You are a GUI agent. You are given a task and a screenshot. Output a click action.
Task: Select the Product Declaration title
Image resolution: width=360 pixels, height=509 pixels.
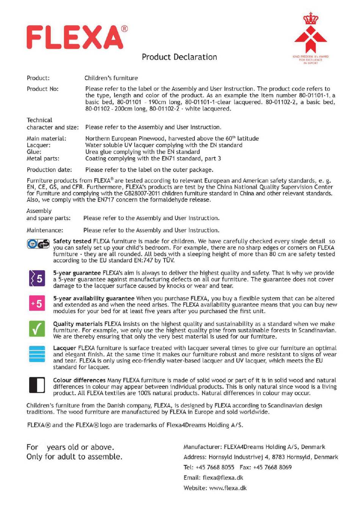click(179, 57)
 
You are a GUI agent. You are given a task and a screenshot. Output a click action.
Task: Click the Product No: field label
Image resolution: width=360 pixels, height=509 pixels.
click(43, 89)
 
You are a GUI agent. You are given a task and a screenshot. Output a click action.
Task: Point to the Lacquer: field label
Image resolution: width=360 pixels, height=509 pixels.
click(38, 145)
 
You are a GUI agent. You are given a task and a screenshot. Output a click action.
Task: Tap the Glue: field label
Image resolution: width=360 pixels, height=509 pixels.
click(34, 152)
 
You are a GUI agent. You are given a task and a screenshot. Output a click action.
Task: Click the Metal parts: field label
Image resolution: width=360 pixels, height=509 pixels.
click(43, 158)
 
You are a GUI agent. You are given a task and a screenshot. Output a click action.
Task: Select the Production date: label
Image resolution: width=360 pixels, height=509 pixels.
click(49, 170)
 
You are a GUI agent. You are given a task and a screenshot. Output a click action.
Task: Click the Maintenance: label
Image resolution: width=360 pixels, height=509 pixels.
click(45, 230)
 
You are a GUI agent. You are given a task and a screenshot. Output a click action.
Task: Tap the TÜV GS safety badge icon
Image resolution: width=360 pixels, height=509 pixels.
click(38, 244)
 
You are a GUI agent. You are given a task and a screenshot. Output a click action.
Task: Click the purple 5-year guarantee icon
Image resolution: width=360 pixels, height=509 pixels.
click(37, 278)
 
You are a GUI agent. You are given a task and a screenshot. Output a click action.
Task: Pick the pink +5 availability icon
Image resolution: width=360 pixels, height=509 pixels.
click(37, 303)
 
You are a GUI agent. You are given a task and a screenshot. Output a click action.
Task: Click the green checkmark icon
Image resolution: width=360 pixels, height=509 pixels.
click(37, 328)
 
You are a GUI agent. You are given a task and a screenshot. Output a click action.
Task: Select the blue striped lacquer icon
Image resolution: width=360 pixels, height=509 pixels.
click(37, 354)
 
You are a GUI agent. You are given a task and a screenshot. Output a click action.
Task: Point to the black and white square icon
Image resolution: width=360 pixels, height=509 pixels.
click(37, 385)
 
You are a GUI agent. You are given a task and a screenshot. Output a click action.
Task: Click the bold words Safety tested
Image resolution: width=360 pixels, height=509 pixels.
click(72, 241)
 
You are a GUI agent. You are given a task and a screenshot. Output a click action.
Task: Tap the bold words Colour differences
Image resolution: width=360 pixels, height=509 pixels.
click(79, 380)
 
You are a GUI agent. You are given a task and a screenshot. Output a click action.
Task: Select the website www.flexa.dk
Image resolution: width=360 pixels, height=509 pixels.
click(228, 488)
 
